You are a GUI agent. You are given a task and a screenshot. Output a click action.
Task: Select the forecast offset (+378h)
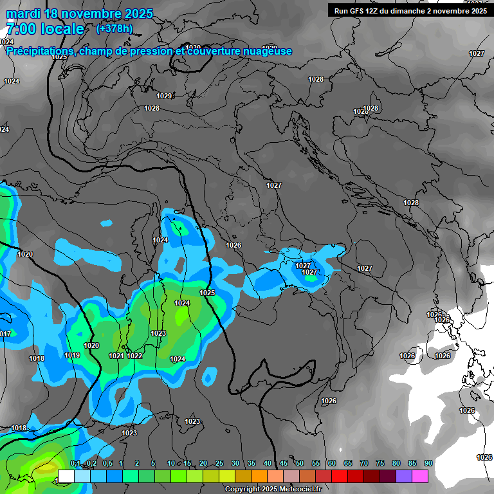tap(114, 28)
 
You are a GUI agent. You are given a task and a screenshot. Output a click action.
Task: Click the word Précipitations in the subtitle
tap(40, 51)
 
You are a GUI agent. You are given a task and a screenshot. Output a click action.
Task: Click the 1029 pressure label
tap(164, 96)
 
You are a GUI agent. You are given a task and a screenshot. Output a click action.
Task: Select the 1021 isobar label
tap(116, 356)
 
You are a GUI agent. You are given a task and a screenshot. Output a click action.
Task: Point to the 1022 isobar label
tap(134, 356)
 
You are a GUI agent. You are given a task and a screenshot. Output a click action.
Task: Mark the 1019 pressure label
tap(72, 355)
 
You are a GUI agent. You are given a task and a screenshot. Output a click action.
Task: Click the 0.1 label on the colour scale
tap(75, 464)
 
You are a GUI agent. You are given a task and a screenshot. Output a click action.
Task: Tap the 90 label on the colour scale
tap(428, 464)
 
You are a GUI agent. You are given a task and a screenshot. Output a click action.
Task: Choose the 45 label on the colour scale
tap(284, 464)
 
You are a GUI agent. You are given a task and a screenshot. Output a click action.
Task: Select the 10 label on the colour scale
tap(171, 464)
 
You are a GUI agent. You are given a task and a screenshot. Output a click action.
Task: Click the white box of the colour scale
tap(66, 476)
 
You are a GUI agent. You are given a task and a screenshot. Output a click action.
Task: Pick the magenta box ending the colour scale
tap(420, 476)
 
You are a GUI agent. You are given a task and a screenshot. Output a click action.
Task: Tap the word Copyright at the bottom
tap(244, 489)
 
